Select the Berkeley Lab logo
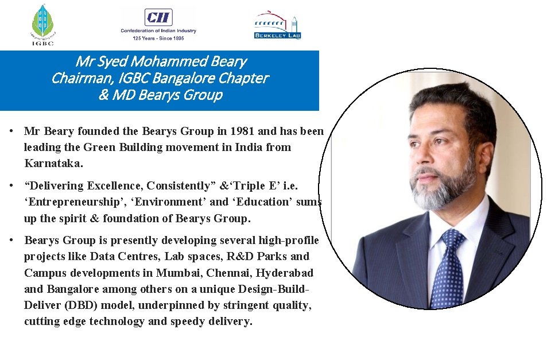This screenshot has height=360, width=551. [x=277, y=26]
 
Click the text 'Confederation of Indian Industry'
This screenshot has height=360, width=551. [x=158, y=30]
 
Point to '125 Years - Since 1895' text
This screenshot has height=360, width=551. [x=158, y=38]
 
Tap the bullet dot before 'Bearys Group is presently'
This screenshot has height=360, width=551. [x=11, y=240]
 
